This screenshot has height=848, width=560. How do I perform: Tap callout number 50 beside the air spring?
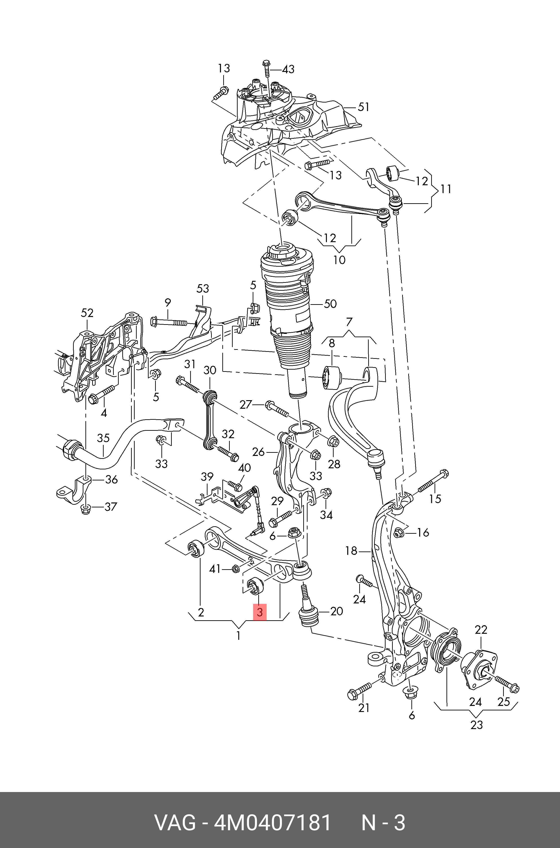(x=330, y=304)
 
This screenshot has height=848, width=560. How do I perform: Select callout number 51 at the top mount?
(x=364, y=107)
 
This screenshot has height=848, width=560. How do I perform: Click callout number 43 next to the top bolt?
(x=288, y=69)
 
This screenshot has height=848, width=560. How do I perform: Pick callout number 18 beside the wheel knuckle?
(x=351, y=551)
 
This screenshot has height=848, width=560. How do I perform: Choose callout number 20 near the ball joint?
(x=337, y=611)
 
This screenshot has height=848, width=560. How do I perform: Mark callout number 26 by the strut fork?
(x=258, y=452)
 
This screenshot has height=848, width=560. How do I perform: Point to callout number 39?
(x=207, y=476)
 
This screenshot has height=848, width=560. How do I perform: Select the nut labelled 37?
(x=85, y=509)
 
